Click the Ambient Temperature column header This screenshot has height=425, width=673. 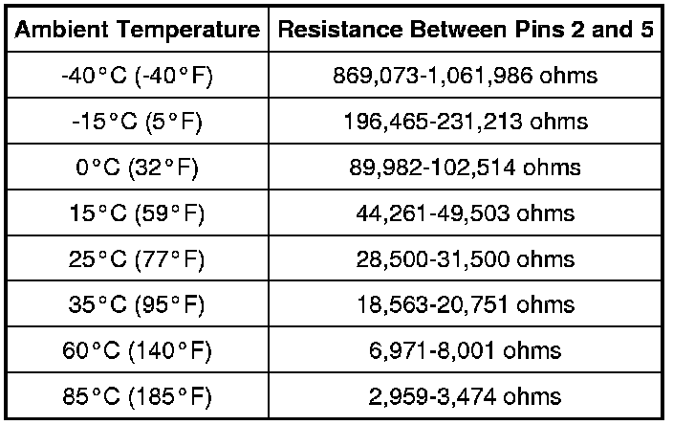138,30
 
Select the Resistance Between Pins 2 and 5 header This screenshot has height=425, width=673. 466,30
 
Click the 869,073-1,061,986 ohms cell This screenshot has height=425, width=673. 466,77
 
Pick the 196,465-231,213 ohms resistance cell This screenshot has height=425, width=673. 466,122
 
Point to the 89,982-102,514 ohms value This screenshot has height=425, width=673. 466,168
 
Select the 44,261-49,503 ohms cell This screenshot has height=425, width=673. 466,213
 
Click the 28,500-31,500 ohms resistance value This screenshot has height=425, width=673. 466,259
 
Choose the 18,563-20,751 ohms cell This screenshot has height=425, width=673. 466,304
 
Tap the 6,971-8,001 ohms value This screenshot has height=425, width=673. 466,350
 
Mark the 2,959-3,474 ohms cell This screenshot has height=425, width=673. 466,395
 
